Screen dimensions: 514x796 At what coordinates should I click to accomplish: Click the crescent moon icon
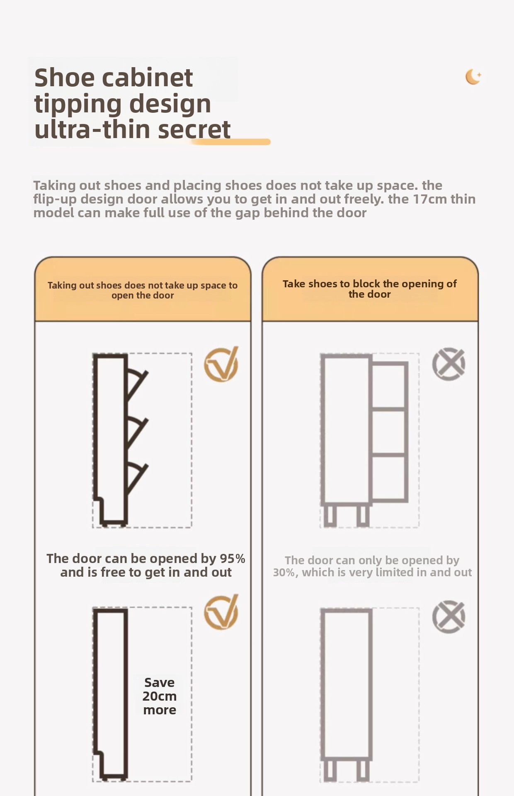point(472,77)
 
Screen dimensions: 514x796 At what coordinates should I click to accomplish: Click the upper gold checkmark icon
point(221,364)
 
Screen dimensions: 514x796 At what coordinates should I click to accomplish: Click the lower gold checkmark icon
point(221,612)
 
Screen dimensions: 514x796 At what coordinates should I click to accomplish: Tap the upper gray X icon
point(449,364)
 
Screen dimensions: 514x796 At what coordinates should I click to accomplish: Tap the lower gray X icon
point(449,616)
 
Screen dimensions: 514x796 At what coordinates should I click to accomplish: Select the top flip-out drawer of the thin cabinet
point(136,383)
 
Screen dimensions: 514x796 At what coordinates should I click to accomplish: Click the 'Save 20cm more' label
point(160,696)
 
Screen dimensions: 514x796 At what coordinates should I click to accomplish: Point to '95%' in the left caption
point(232,558)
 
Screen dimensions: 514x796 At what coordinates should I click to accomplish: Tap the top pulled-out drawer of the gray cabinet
point(389,384)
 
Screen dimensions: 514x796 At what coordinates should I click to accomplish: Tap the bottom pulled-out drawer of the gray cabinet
point(389,478)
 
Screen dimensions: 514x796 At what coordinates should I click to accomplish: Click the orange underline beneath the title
point(231,142)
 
